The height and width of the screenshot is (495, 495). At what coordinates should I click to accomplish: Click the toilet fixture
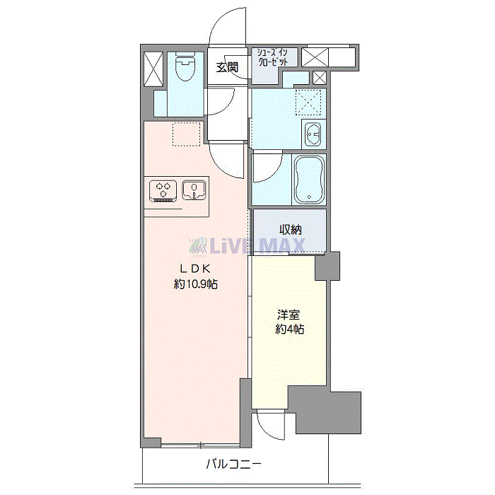185,66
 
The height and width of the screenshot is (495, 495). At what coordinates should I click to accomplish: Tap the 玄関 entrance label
227,67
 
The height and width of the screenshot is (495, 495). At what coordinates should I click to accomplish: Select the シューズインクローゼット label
273,57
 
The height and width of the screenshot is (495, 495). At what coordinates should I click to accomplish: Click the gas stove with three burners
163,191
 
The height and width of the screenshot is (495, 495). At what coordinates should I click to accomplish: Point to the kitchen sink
194,190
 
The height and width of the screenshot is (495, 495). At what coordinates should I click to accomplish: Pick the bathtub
309,180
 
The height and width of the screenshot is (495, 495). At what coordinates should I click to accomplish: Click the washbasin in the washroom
313,134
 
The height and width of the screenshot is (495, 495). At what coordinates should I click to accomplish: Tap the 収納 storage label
291,230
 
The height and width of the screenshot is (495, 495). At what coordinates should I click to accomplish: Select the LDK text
195,269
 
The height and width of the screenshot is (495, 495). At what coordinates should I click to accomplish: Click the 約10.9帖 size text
195,284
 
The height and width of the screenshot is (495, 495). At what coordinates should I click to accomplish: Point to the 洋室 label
289,315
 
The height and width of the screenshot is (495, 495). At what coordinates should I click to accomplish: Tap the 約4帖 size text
289,330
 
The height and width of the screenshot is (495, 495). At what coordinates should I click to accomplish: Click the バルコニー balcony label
233,464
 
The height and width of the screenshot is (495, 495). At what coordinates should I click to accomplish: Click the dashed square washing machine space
308,103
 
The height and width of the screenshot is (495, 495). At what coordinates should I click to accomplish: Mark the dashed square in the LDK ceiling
186,134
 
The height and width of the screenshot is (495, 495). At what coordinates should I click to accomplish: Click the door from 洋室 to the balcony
271,424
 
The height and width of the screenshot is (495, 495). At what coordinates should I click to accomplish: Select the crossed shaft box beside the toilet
153,69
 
